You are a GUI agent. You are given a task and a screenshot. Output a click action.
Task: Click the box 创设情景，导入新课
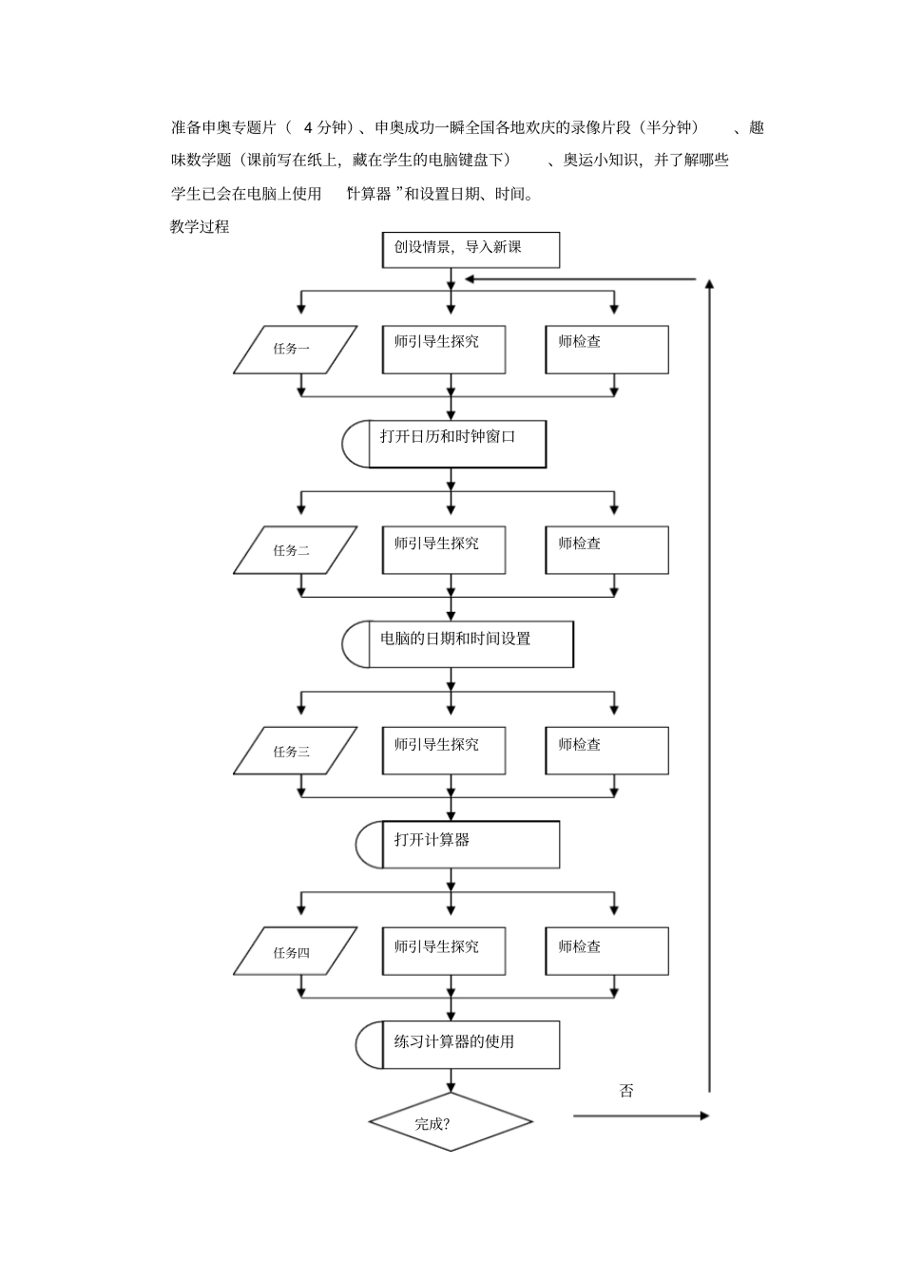pos(470,250)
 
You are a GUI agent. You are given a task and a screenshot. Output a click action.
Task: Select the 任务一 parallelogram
pos(295,349)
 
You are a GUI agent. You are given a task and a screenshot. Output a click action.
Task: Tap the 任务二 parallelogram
pos(295,550)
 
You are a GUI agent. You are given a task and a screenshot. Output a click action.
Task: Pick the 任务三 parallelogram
pos(295,751)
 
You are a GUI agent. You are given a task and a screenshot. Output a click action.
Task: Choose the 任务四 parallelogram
pos(295,951)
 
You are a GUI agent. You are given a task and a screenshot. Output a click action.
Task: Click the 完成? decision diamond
pos(451,1122)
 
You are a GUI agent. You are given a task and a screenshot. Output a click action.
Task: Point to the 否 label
pos(626,1091)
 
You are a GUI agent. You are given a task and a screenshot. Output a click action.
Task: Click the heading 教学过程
pos(200,226)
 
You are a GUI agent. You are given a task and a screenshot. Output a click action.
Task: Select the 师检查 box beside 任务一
pos(606,349)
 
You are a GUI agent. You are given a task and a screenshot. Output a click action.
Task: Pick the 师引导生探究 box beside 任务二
pos(443,550)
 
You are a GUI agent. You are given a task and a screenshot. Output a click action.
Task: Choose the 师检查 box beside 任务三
pos(606,751)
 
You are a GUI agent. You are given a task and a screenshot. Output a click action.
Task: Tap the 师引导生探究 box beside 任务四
pos(443,951)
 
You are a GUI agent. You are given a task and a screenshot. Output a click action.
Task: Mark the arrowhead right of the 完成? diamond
pos(703,1116)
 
